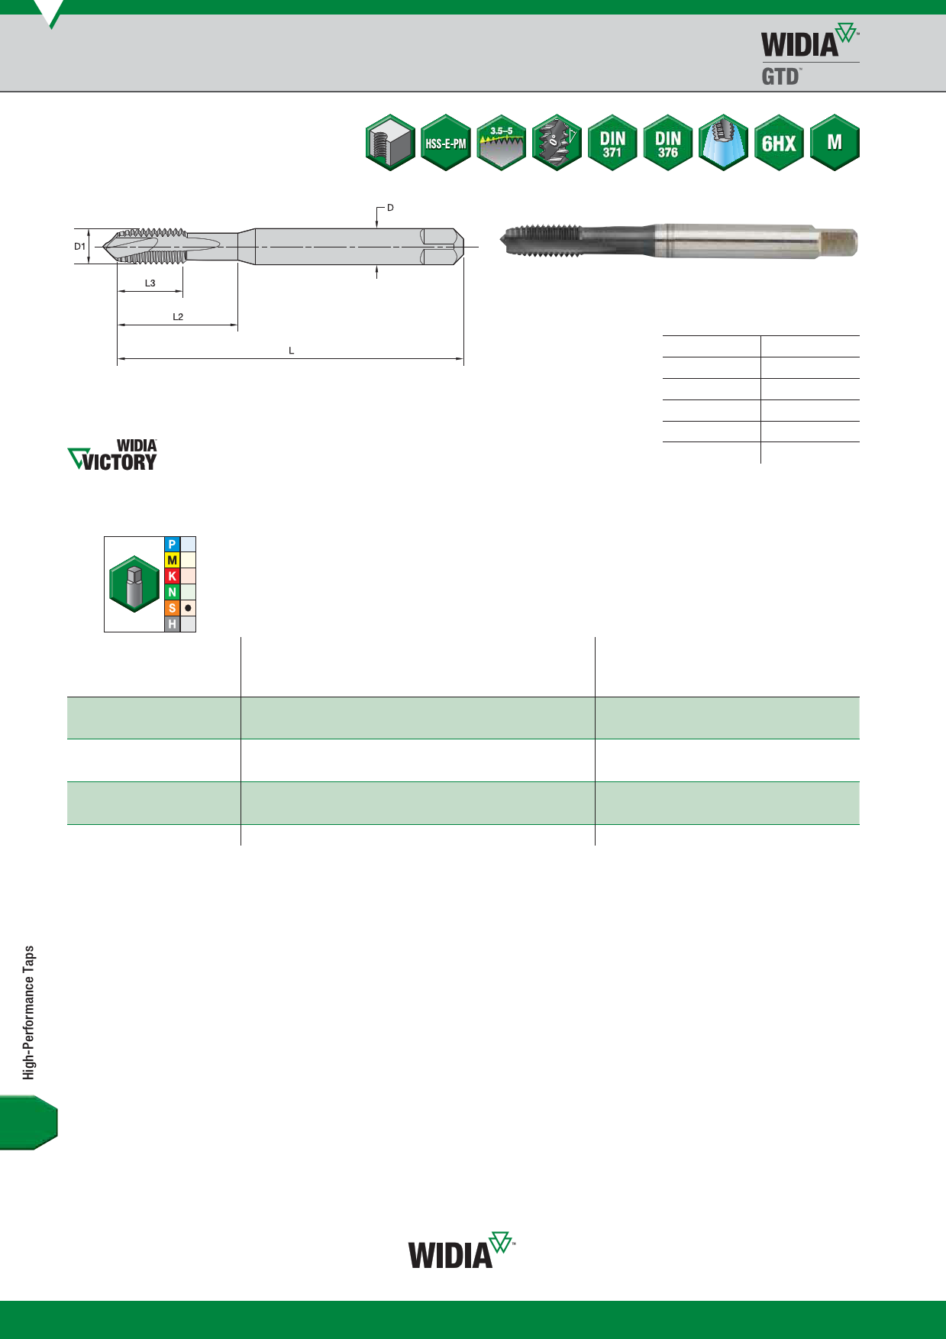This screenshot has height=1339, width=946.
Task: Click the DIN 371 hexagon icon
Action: pos(612,143)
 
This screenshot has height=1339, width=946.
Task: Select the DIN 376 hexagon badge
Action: pos(668,143)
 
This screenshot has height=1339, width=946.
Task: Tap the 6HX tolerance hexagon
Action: pos(779,143)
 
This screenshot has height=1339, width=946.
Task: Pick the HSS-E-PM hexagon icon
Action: pos(446,143)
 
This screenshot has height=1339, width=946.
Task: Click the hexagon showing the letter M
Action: pos(835,143)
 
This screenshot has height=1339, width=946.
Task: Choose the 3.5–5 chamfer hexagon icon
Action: pos(502,143)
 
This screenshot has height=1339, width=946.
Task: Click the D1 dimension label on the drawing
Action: pos(80,247)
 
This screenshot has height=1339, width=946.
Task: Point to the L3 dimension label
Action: pos(150,283)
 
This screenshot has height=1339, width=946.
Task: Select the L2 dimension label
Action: pos(178,317)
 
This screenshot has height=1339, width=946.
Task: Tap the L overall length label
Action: pos(291,351)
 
